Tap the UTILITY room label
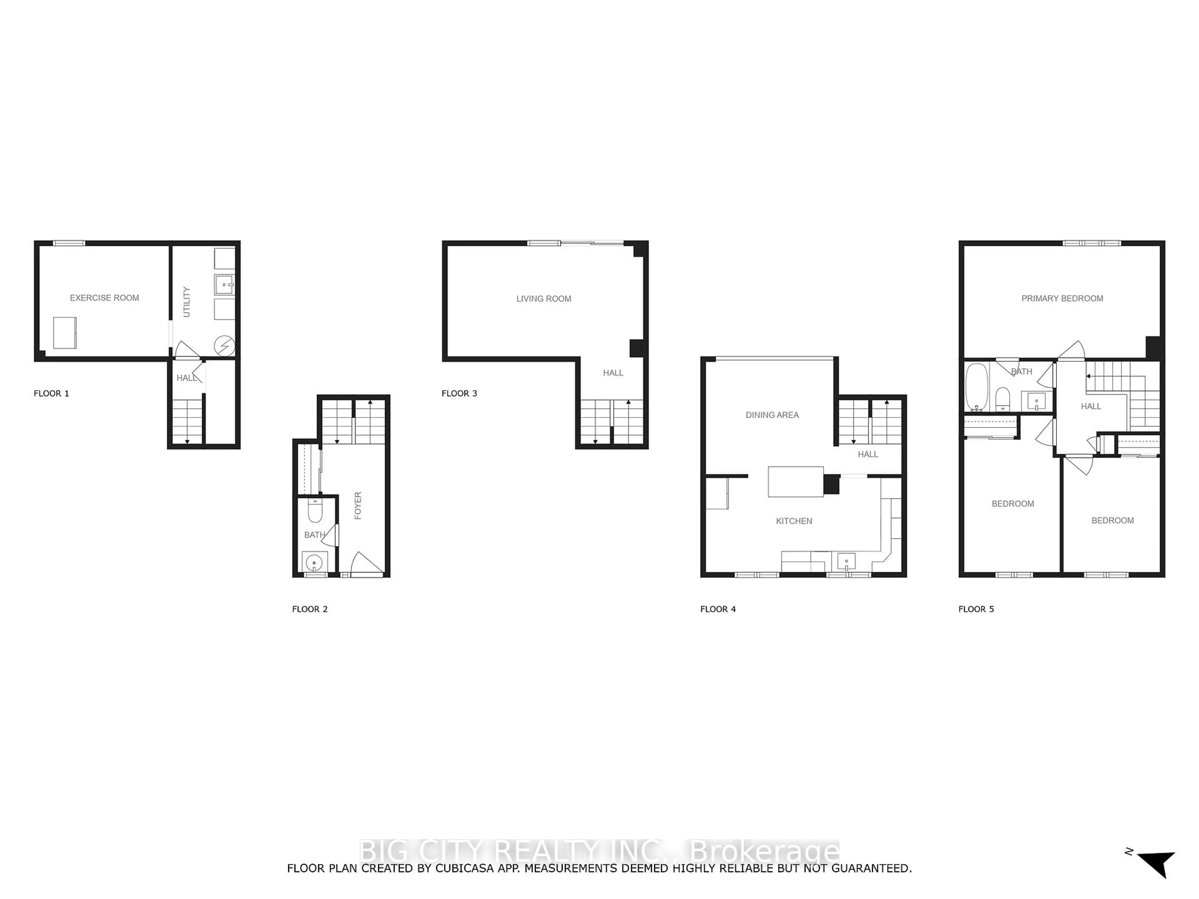[186, 302]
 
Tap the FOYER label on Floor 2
[358, 506]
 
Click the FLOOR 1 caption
[52, 393]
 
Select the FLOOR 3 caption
[459, 393]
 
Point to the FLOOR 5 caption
[976, 609]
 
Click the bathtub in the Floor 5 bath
[977, 387]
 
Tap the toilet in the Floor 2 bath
[315, 510]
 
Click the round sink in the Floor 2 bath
[314, 563]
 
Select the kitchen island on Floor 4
[795, 482]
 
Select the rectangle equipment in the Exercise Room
[65, 333]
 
